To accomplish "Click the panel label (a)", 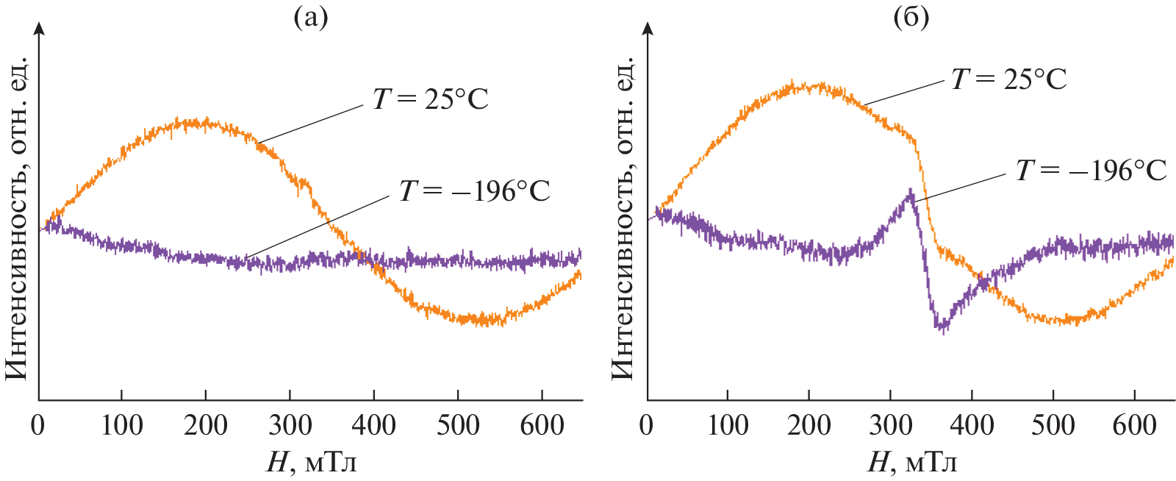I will coord(310,16).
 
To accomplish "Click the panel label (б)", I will coord(911,16).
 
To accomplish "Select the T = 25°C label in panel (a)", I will coord(430,99).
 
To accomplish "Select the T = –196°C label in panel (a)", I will coord(474,191).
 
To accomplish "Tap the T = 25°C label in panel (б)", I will coord(1008,79).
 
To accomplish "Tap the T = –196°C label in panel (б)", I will coord(1091,171).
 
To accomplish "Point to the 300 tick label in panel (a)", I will coord(290,425).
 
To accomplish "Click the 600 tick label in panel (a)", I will coord(542,425).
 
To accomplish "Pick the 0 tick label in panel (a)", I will coord(37,425).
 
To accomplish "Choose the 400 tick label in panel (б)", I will coord(972,425).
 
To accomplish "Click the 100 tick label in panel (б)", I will coord(728,425).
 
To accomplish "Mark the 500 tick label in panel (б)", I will coord(1053,425).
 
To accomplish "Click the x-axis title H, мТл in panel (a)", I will coord(312,462).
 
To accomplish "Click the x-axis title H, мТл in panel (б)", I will coord(912,462).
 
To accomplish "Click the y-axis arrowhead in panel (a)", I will coord(39,28).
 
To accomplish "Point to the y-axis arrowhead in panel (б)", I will coord(648,28).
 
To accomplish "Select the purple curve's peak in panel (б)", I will coord(911,193).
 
